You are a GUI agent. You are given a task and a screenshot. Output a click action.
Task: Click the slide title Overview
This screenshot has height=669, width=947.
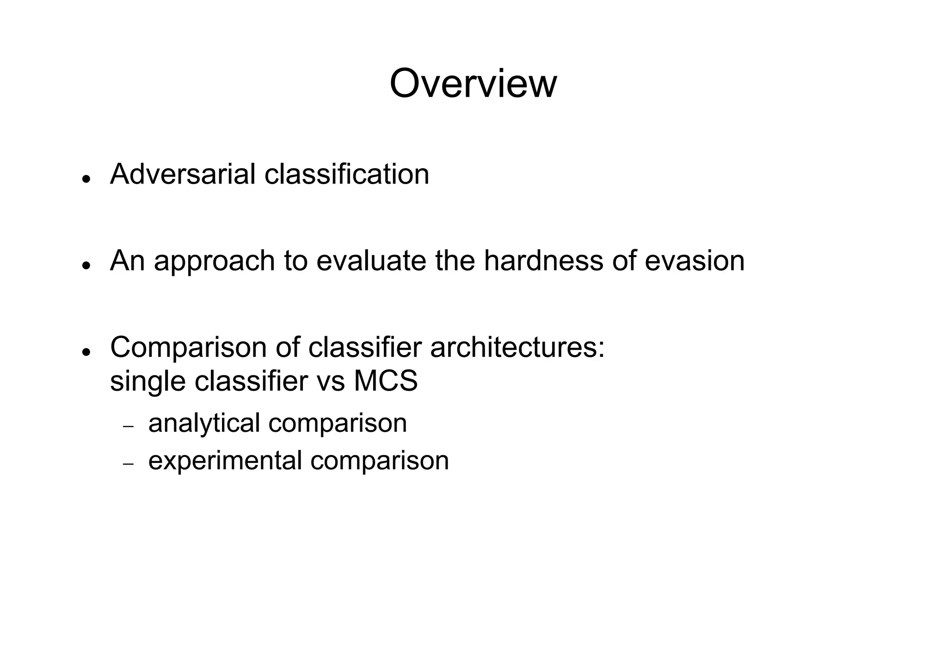tap(473, 84)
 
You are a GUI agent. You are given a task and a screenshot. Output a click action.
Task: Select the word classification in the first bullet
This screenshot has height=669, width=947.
tap(346, 174)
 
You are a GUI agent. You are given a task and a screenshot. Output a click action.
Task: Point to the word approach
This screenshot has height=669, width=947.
tap(214, 261)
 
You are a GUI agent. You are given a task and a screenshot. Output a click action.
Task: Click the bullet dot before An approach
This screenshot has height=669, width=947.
tap(85, 265)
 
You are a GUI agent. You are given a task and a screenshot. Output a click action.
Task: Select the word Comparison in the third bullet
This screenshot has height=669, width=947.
tap(189, 347)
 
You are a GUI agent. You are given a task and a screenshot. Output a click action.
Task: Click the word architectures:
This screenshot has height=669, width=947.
tap(517, 347)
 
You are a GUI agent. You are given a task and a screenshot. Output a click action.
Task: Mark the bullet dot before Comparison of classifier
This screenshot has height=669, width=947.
tap(85, 352)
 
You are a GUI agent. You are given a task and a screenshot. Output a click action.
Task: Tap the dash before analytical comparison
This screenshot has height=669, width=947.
tap(128, 427)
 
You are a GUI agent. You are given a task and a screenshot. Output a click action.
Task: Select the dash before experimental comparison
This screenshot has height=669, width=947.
tap(128, 464)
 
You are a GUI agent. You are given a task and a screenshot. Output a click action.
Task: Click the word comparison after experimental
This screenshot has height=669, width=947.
tap(380, 461)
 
